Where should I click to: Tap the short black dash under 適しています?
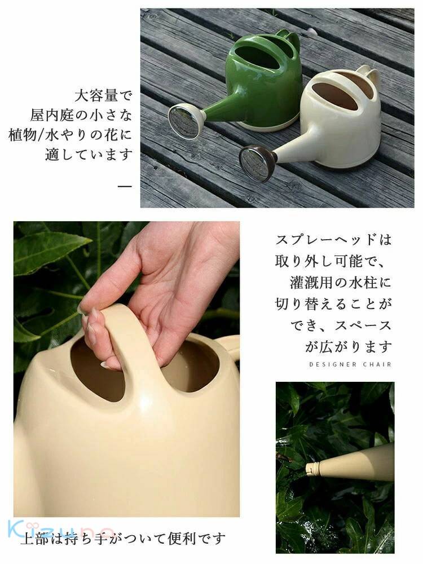(125, 185)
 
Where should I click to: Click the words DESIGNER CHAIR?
(350, 365)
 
